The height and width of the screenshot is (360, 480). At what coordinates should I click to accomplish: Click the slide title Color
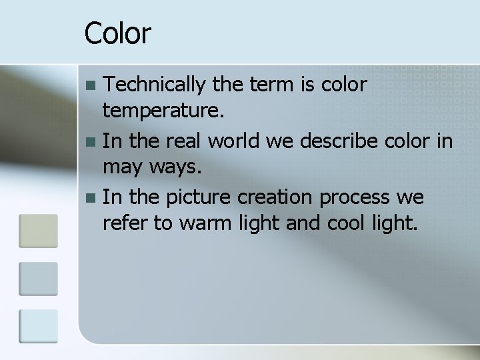pyautogui.click(x=118, y=33)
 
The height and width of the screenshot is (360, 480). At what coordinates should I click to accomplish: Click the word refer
pyautogui.click(x=124, y=223)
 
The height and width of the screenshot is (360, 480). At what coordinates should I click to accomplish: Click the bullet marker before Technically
pyautogui.click(x=93, y=85)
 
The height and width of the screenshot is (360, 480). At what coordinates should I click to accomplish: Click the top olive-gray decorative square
pyautogui.click(x=39, y=230)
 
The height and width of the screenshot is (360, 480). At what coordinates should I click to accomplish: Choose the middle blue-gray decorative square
pyautogui.click(x=39, y=278)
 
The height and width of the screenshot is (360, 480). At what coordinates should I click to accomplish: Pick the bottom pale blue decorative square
pyautogui.click(x=39, y=325)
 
